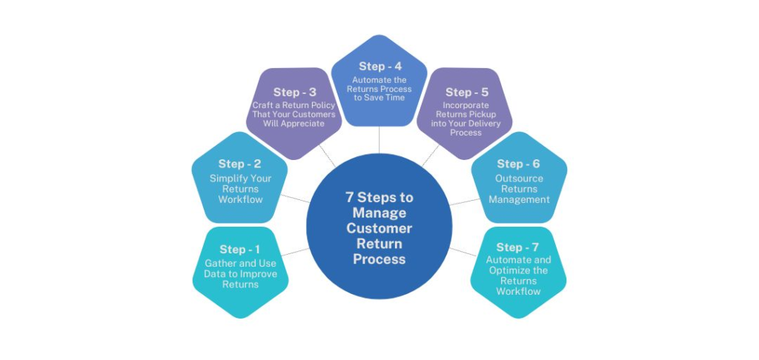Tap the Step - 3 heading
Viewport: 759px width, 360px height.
pos(295,93)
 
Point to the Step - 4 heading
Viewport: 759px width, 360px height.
pos(379,66)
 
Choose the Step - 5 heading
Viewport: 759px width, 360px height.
pos(467,93)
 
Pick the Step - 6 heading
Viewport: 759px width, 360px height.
pos(519,164)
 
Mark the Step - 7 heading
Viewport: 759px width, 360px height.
pos(518,247)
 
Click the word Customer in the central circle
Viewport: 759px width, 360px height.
pos(379,228)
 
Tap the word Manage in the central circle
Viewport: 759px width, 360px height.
pos(379,213)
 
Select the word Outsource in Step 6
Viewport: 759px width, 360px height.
pos(519,179)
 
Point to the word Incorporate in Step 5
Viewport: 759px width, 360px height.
pos(466,105)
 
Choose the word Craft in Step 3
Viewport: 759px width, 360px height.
pos(265,105)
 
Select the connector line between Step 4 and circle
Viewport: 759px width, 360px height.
pos(379,139)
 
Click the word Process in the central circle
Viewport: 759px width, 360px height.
pos(379,259)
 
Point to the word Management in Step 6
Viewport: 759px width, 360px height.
pos(519,199)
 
